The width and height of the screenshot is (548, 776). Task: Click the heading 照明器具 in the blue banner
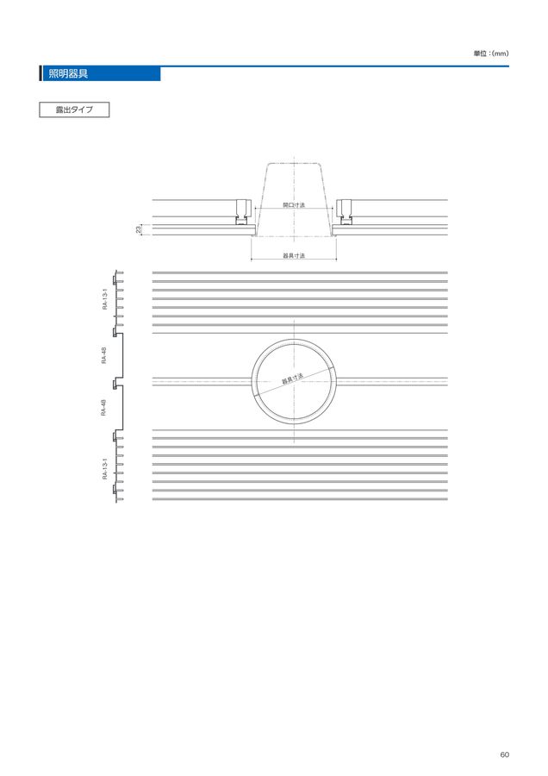coord(68,74)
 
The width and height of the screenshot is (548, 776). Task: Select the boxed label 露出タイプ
coord(74,110)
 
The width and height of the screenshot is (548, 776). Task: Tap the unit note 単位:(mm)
coord(490,53)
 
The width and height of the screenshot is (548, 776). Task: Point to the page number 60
coord(504,754)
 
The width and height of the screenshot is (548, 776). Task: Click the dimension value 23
coord(139,229)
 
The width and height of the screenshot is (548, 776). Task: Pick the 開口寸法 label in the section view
coord(294,205)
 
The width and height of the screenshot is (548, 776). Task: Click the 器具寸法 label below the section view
coord(294,256)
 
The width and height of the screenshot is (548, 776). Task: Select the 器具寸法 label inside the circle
coord(292,379)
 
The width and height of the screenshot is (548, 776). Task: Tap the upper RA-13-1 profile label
coord(105,299)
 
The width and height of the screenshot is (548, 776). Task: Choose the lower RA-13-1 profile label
coord(105,469)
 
